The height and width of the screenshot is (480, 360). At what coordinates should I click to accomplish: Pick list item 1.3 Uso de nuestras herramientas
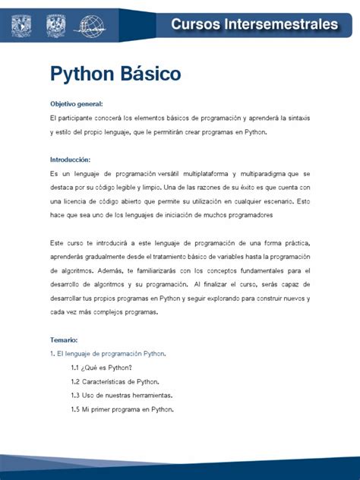click(122, 395)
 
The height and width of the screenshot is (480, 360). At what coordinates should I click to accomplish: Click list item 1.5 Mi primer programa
click(122, 409)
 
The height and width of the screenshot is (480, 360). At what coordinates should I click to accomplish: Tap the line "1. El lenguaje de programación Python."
click(109, 354)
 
